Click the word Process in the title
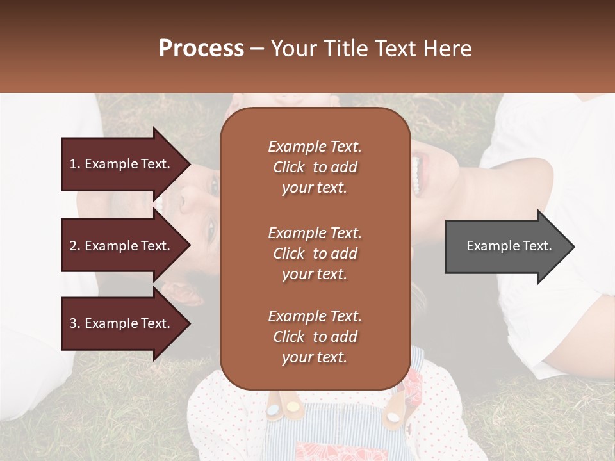coord(201,49)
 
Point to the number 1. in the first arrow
coord(75,164)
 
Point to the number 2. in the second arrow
coord(75,246)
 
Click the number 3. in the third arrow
coord(75,323)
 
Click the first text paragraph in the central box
coord(315,167)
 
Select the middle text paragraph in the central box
coord(315,254)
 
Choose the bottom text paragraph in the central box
coord(315,337)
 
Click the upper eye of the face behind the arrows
coord(214,185)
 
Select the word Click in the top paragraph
coord(289,167)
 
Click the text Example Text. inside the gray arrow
coord(509,246)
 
